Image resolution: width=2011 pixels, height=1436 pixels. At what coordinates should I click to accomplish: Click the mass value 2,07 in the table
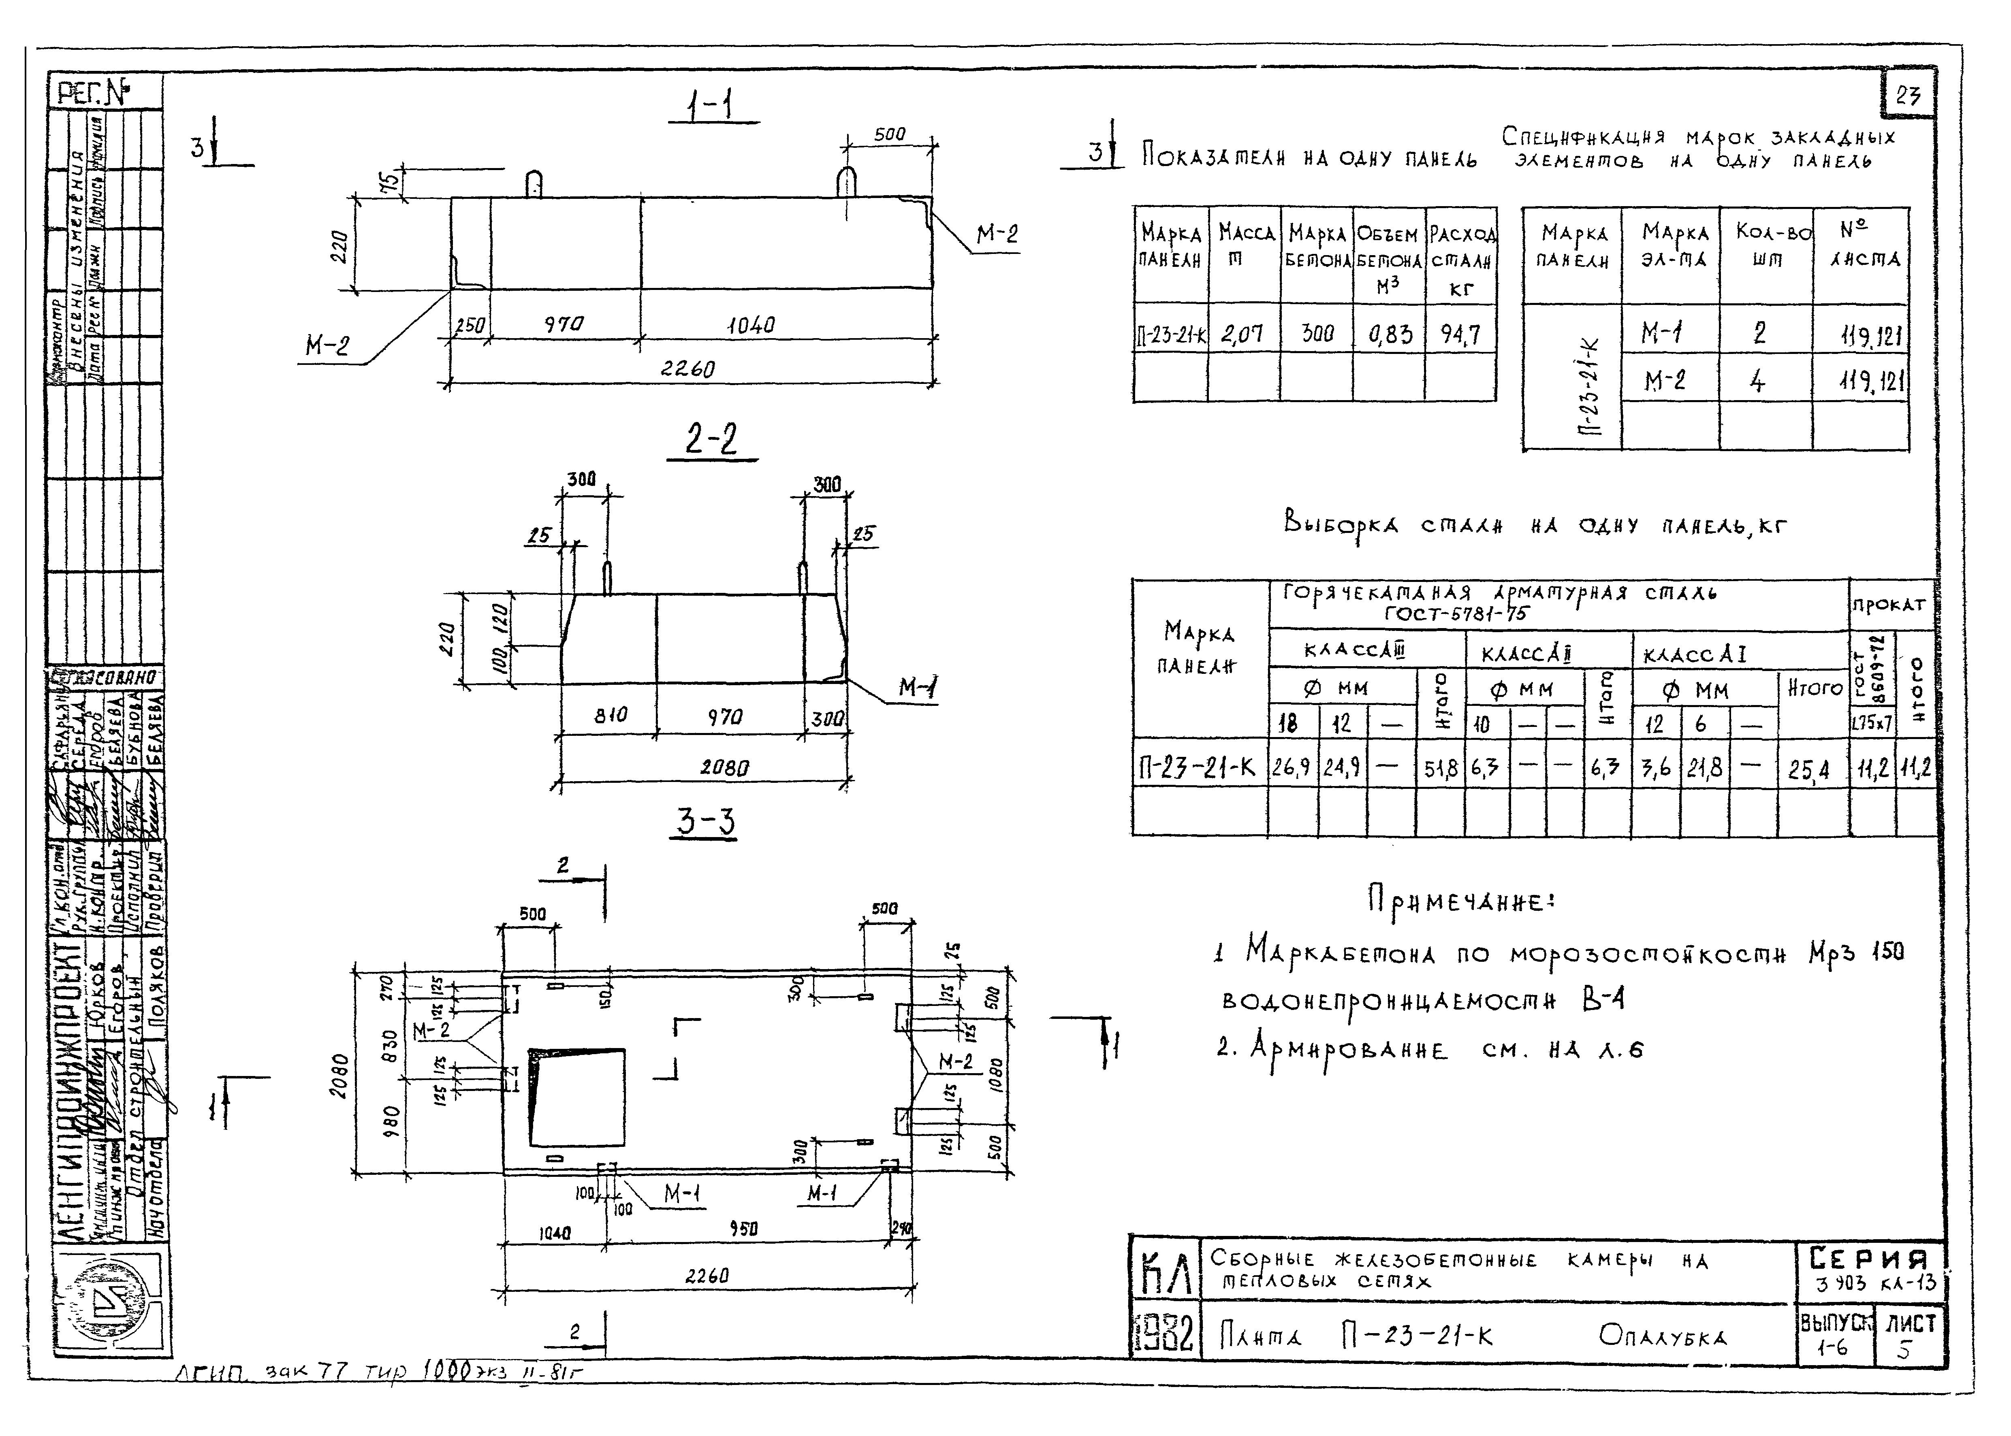click(1242, 334)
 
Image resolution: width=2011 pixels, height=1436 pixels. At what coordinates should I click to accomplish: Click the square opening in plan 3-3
click(577, 1097)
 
